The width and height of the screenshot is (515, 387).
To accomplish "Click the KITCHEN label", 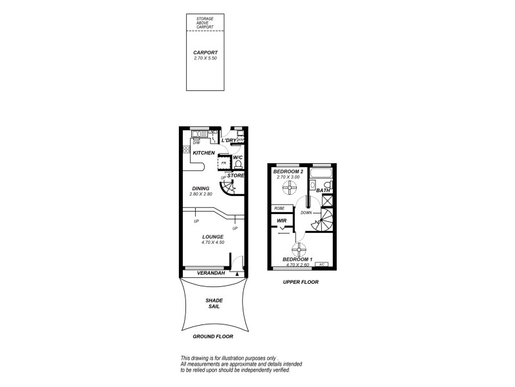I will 203,153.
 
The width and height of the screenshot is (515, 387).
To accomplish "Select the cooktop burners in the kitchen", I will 186,150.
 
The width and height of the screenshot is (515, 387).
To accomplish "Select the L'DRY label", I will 228,141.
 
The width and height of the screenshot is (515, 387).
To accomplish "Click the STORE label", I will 236,175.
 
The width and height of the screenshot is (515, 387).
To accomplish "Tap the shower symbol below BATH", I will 325,201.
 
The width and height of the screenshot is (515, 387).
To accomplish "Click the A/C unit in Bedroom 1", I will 321,264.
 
